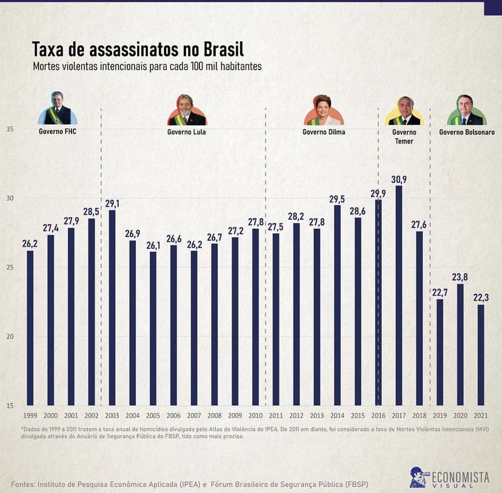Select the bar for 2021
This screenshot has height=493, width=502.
tap(481, 355)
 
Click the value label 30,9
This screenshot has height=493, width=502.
tap(398, 179)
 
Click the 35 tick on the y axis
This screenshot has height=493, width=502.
tap(10, 129)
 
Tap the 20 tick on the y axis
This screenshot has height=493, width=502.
tap(10, 337)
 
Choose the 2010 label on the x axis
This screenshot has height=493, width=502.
tap(255, 415)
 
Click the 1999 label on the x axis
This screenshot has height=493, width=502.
tap(30, 415)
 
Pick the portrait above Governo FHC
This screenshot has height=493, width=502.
tap(58, 109)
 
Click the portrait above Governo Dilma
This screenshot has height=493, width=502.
tap(323, 110)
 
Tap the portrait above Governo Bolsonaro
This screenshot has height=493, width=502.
tap(466, 110)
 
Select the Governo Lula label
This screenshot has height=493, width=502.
tap(186, 132)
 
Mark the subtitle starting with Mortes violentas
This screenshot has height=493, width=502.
tap(147, 67)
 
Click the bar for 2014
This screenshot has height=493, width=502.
tap(336, 305)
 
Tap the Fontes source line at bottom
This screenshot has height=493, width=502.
tap(189, 485)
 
